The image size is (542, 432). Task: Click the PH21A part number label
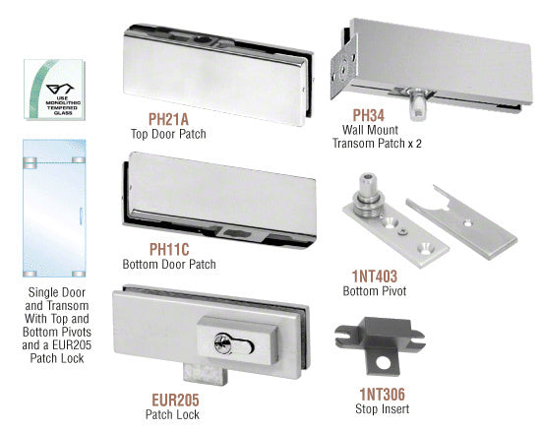[168, 119]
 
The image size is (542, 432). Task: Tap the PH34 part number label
[369, 115]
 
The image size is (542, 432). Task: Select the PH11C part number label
[169, 249]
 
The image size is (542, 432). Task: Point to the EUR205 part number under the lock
[176, 401]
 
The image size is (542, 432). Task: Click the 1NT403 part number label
[375, 276]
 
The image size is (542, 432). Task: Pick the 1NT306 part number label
[383, 394]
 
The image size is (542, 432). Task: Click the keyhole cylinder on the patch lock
[233, 344]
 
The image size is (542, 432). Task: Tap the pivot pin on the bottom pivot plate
[368, 195]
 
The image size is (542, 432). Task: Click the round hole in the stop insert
[383, 363]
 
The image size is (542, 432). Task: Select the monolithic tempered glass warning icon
[54, 90]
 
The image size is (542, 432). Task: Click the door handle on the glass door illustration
[81, 216]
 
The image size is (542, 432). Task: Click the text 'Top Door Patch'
[168, 134]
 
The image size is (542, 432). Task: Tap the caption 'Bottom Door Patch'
[169, 265]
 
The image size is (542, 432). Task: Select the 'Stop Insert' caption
[383, 408]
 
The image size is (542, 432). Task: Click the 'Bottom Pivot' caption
[375, 291]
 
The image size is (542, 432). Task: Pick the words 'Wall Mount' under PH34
[370, 130]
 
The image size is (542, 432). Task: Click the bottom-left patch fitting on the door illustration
[30, 274]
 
